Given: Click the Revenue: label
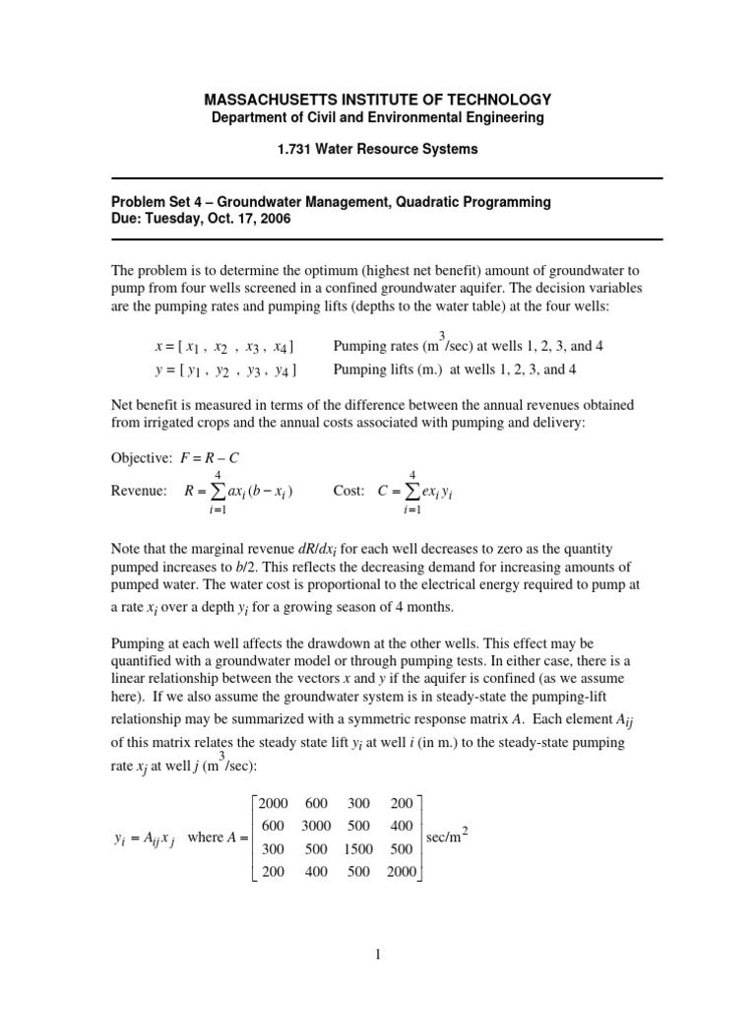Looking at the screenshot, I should (x=139, y=491).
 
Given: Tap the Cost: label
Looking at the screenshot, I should (x=349, y=491).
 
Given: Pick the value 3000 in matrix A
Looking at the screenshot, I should (x=315, y=827).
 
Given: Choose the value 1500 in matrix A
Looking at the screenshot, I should (x=358, y=848).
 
